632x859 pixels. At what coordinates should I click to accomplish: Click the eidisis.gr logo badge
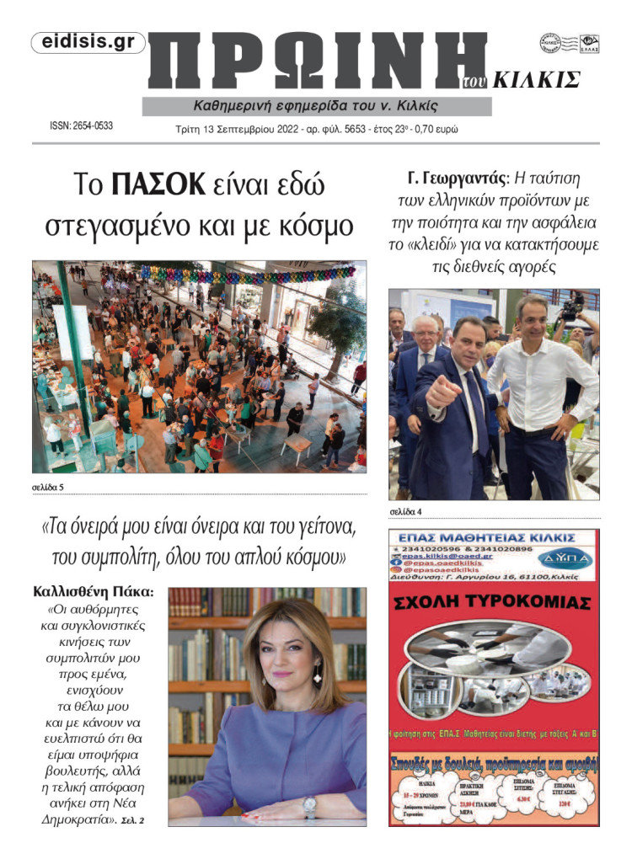88,43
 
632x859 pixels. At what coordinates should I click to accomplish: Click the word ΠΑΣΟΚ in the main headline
158,184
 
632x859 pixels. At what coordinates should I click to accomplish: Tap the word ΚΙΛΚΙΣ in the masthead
535,80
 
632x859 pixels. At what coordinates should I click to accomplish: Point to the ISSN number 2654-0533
82,126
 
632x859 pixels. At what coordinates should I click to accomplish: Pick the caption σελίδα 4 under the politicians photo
406,510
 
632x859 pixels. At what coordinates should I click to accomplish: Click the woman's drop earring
318,675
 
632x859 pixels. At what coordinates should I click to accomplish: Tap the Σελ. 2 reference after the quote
133,820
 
